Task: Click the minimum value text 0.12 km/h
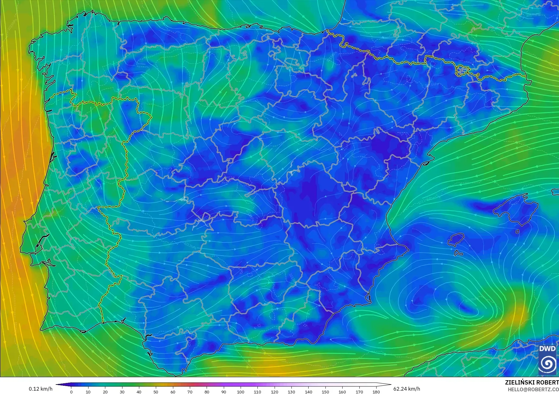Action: click(x=41, y=389)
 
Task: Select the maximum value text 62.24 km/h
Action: click(x=407, y=389)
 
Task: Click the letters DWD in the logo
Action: click(x=547, y=349)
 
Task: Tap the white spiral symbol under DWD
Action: click(x=547, y=364)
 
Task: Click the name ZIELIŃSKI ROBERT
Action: click(x=532, y=383)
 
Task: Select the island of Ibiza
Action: click(x=456, y=239)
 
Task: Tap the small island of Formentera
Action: click(x=458, y=253)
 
